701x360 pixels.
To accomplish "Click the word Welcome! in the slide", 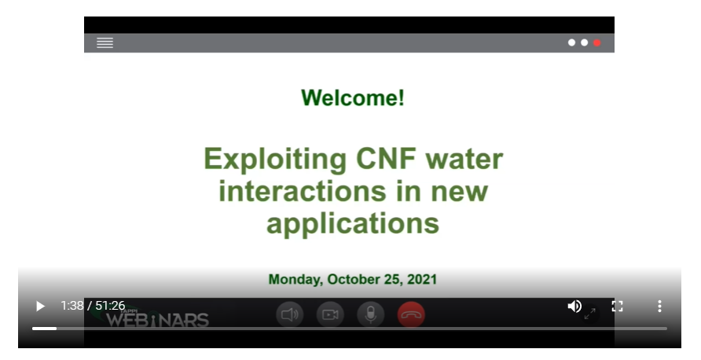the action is [353, 97].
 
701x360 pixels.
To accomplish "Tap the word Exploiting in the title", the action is [275, 160].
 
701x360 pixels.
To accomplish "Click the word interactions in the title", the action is [303, 191].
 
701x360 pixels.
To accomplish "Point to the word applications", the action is [353, 223].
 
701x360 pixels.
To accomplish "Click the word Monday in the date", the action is [295, 280].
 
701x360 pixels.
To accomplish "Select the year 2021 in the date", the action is [421, 279].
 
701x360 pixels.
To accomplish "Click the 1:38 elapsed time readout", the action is [72, 306].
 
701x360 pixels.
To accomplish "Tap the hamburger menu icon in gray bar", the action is [105, 42].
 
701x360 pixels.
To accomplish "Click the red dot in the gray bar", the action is [596, 42].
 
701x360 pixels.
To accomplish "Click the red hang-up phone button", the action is [411, 315].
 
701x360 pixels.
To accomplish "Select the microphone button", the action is [371, 315].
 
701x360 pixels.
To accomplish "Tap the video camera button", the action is [330, 315].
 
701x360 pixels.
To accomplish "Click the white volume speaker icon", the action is [574, 306].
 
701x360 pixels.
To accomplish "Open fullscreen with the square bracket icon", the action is [617, 306].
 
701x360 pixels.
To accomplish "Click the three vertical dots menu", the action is [659, 306].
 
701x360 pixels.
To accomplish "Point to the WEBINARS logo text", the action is [157, 320].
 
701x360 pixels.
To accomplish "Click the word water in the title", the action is [464, 160].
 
